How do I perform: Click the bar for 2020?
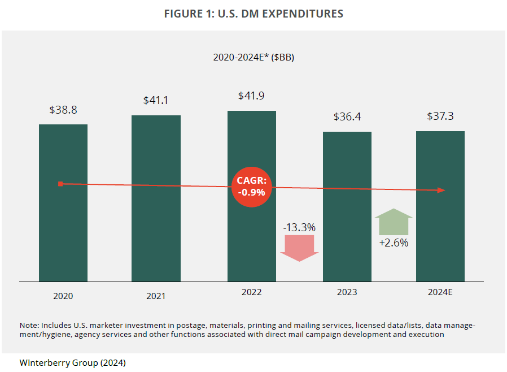(x=63, y=226)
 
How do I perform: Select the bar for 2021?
(x=156, y=226)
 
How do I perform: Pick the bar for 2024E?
(x=440, y=237)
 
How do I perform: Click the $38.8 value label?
(x=63, y=110)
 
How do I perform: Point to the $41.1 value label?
(x=156, y=101)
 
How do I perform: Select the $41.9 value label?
(x=252, y=96)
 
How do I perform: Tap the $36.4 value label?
(x=347, y=117)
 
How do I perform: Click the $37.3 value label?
(x=440, y=116)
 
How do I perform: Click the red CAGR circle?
(x=252, y=187)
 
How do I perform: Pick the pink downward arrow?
(x=299, y=248)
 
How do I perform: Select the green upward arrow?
(x=394, y=222)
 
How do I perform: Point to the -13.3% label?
(x=299, y=227)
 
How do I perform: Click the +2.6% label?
(x=394, y=243)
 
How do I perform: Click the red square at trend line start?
(x=60, y=184)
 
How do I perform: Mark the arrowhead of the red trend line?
(x=442, y=191)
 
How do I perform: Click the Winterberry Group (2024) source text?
(x=72, y=362)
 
